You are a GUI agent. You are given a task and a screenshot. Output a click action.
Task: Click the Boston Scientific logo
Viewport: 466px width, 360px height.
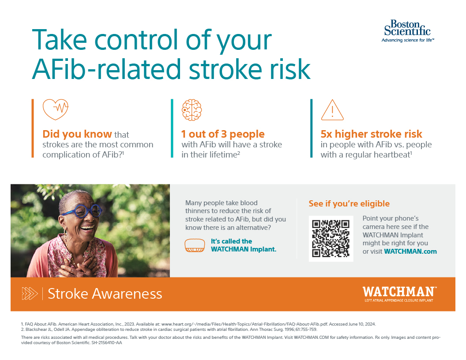pyautogui.click(x=407, y=31)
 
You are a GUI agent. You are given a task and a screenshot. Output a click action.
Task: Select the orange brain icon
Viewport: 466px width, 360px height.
pyautogui.click(x=192, y=110)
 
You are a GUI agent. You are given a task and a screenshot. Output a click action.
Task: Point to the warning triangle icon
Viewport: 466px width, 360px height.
pyautogui.click(x=332, y=110)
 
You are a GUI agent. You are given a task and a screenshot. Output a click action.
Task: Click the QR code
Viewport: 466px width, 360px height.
pyautogui.click(x=331, y=239)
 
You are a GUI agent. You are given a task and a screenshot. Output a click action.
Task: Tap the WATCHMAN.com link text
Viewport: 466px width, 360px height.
pyautogui.click(x=410, y=251)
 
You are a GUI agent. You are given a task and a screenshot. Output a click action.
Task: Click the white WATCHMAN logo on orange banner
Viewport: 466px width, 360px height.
pyautogui.click(x=399, y=294)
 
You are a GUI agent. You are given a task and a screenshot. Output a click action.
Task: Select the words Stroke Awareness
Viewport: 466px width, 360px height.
pyautogui.click(x=105, y=294)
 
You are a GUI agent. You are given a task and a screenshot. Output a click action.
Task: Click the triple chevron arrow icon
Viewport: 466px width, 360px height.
pyautogui.click(x=30, y=293)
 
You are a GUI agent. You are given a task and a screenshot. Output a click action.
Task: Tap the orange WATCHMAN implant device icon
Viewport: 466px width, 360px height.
pyautogui.click(x=195, y=245)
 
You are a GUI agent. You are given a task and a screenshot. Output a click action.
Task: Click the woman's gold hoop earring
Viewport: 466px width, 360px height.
pyautogui.click(x=65, y=232)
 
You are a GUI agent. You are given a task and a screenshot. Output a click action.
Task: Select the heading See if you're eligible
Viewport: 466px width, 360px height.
pyautogui.click(x=349, y=203)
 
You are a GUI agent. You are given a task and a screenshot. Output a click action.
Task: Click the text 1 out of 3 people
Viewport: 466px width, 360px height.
pyautogui.click(x=223, y=134)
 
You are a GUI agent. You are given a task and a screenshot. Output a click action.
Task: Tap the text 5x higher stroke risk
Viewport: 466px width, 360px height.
pyautogui.click(x=371, y=134)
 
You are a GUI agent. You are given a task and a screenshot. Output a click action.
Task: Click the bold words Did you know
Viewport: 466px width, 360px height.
pyautogui.click(x=77, y=134)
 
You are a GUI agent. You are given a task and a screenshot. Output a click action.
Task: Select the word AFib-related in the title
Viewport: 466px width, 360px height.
pyautogui.click(x=106, y=69)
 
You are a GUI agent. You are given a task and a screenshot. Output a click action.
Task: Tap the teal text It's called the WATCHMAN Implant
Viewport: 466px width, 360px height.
pyautogui.click(x=244, y=245)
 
